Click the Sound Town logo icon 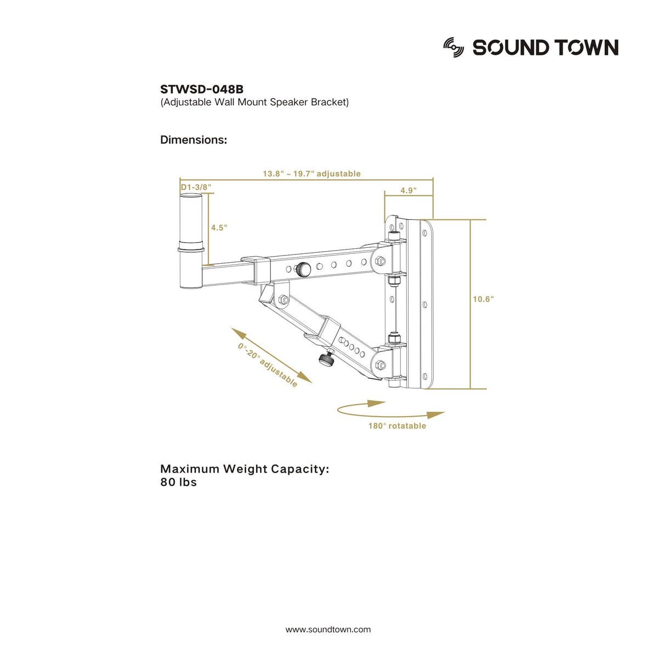point(453,48)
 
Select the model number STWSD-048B point(201,89)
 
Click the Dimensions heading point(193,140)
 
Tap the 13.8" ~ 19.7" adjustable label point(311,174)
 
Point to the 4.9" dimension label point(408,190)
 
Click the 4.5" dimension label point(219,227)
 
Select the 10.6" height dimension point(483,299)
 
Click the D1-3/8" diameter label point(196,187)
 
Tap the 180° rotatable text point(397,426)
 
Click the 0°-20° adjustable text point(268,365)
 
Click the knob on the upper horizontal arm point(302,269)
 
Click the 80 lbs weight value point(178,483)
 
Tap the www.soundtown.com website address point(328,629)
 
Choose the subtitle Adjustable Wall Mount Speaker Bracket point(254,102)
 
